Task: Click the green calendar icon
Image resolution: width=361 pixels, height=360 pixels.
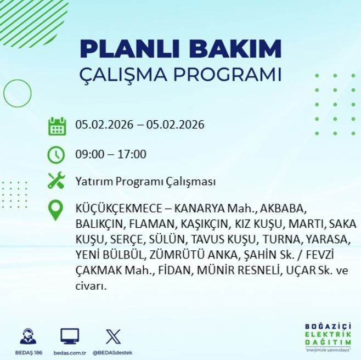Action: (57, 126)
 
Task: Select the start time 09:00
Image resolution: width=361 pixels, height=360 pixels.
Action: (89, 154)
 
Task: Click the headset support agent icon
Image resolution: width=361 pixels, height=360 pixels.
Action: (29, 336)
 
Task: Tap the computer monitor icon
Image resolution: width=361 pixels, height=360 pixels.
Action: (70, 336)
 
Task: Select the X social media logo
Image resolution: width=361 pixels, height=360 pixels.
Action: (112, 336)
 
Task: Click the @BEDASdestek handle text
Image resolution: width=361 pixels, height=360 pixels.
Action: (112, 352)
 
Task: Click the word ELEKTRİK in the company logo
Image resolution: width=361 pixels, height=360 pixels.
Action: (328, 334)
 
